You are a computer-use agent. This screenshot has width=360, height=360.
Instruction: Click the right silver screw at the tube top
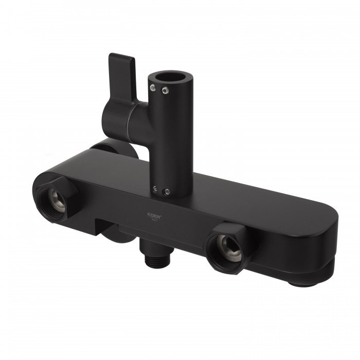click(165, 92)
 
